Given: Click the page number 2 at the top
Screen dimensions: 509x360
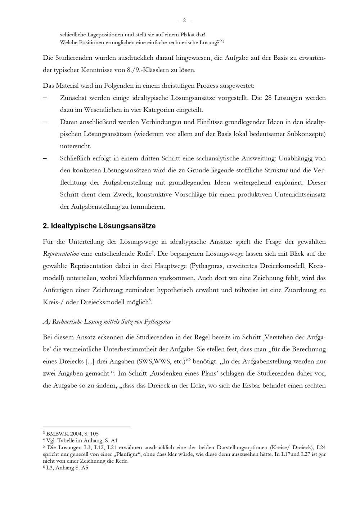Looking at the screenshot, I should pyautogui.click(x=184, y=21).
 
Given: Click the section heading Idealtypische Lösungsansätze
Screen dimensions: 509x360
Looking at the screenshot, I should pyautogui.click(x=99, y=226).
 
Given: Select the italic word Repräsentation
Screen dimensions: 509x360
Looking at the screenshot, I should pyautogui.click(x=61, y=254).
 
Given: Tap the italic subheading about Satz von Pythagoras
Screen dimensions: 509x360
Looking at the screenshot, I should pyautogui.click(x=107, y=322).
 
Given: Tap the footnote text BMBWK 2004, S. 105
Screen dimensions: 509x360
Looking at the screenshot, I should pyautogui.click(x=72, y=434).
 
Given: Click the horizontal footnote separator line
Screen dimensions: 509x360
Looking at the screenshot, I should pyautogui.click(x=86, y=427).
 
